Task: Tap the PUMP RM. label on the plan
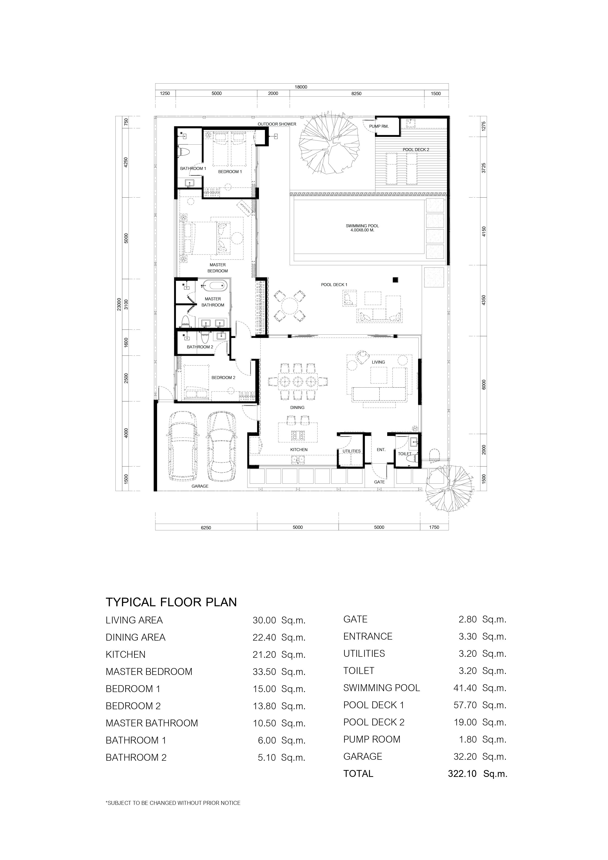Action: pos(379,126)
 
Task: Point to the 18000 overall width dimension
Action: pos(301,87)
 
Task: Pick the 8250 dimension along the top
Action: pos(356,94)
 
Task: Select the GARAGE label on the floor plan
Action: pos(200,486)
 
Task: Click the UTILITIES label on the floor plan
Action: pos(352,451)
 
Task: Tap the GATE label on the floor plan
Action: pos(379,482)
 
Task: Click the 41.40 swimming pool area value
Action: pos(465,688)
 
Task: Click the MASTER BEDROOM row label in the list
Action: pos(149,671)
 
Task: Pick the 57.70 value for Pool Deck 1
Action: pos(465,705)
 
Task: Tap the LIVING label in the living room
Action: pos(378,362)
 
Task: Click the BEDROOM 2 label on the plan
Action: pos(223,378)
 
